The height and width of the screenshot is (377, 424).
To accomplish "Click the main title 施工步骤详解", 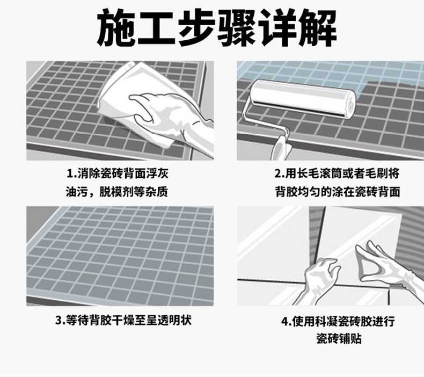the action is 217,28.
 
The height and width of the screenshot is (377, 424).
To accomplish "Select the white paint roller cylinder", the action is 303,98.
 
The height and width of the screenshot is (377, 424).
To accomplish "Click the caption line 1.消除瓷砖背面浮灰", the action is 118,173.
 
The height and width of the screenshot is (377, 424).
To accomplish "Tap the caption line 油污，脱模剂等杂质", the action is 117,192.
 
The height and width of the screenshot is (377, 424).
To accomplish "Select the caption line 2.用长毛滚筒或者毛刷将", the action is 337,173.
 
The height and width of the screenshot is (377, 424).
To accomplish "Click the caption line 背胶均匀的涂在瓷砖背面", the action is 338,192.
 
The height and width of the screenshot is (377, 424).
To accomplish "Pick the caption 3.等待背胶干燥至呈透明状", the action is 123,321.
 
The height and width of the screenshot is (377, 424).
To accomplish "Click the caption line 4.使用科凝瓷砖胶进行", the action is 338,321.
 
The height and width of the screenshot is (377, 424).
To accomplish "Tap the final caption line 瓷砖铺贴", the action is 339,338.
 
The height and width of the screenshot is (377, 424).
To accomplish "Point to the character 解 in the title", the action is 318,28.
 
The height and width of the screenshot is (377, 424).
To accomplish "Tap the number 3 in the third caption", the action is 59,321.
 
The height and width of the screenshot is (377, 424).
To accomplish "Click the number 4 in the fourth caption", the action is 285,322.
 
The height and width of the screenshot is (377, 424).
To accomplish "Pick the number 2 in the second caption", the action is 277,174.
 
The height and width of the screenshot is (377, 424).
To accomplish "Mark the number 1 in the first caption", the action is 70,174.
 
